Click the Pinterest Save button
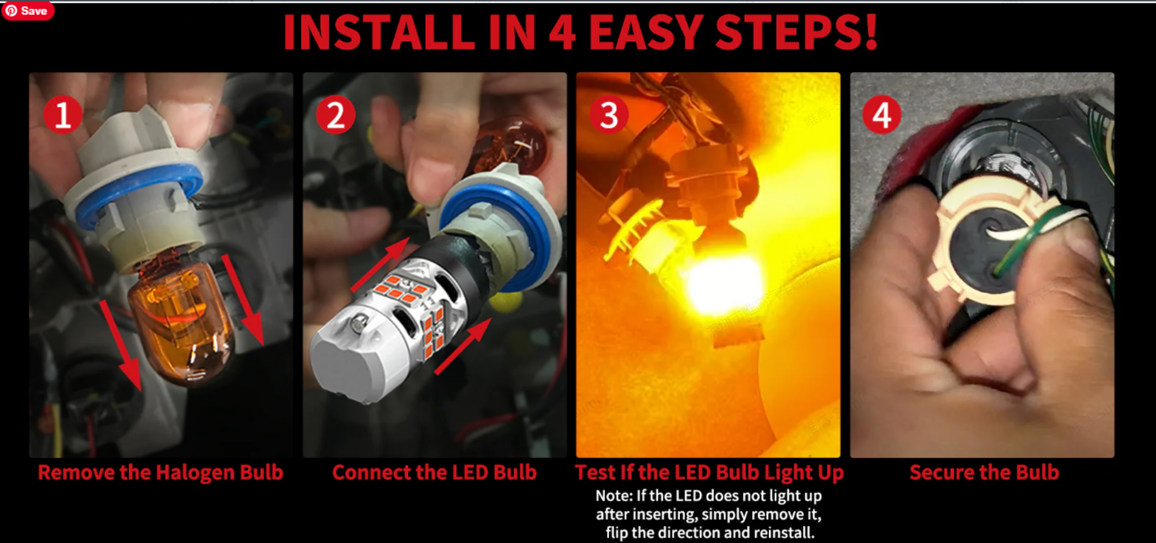coord(28,11)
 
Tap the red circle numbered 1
coord(63,115)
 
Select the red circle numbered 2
coord(335,115)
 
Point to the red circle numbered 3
coord(609,115)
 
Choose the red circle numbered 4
coord(882,115)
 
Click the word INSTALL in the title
coord(379,32)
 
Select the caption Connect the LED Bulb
coord(435,472)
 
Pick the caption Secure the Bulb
coord(984,472)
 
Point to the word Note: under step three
coord(614,496)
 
